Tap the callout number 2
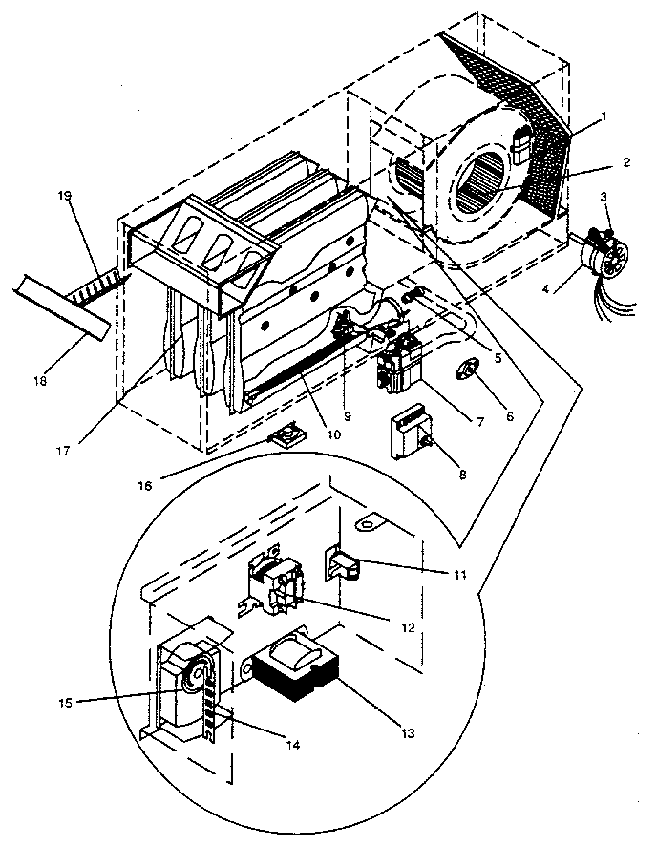point(625,162)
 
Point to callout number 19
point(65,196)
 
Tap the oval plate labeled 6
point(468,370)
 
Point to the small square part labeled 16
point(284,440)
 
